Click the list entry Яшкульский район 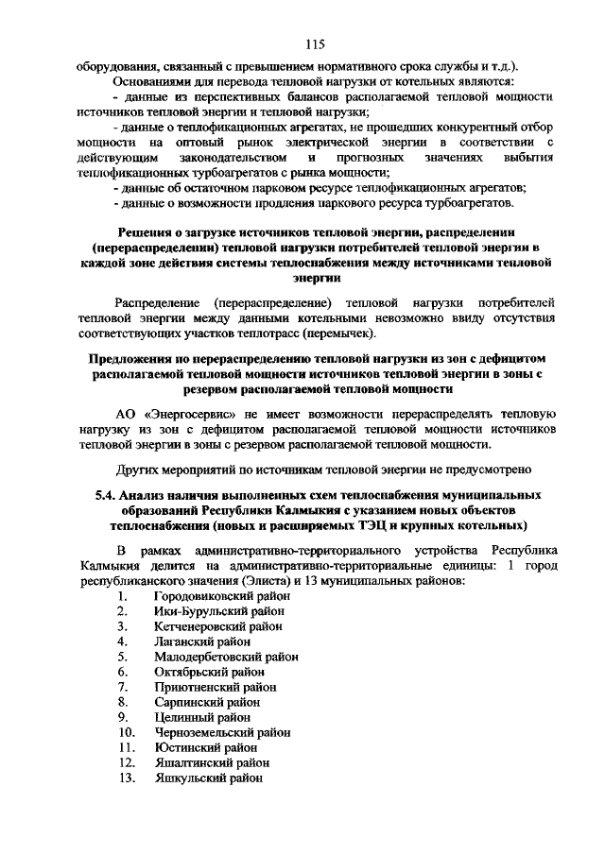[x=209, y=778]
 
